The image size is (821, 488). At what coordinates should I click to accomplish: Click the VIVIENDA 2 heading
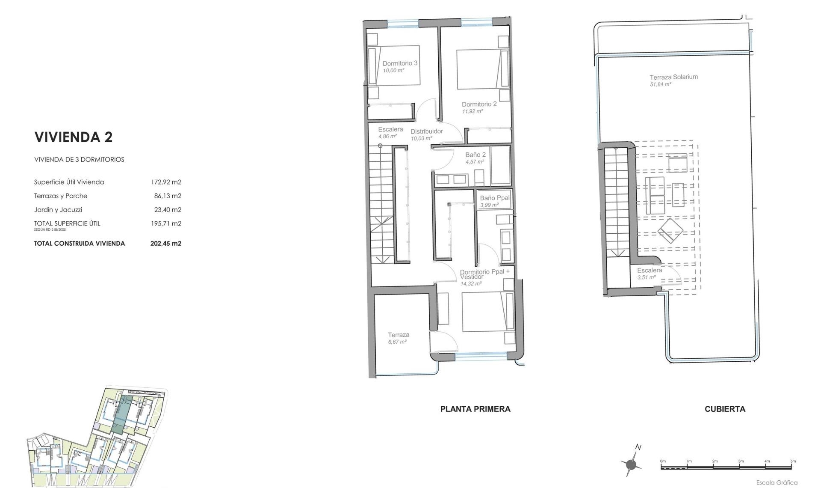pos(73,137)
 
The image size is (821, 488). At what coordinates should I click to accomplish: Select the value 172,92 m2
pos(166,182)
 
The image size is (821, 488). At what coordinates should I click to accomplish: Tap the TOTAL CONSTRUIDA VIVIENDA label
pos(80,244)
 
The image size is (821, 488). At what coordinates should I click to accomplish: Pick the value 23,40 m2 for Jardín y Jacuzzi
pos(168,210)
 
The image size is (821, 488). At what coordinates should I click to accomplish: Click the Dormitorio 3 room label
pos(399,63)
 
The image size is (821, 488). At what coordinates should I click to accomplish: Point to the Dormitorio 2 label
pos(479,104)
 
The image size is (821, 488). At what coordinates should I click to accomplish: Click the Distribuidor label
pos(426,131)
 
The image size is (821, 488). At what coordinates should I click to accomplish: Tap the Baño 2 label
pos(475,155)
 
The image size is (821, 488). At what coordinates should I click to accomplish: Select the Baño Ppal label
pos(494,198)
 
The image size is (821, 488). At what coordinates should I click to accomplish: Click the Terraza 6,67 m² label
pos(398,335)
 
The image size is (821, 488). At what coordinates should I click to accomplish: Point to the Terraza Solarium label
pos(673,77)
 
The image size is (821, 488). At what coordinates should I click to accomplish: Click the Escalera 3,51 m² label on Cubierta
pos(649,271)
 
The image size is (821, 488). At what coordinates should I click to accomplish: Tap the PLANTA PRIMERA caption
pos(475,409)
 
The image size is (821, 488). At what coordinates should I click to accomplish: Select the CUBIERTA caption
pos(724,409)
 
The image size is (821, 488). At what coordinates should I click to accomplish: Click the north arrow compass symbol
pos(632,464)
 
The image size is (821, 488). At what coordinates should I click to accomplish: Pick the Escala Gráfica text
pos(776,482)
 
